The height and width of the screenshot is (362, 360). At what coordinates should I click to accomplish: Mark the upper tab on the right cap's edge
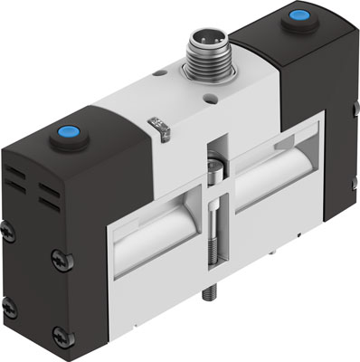point(349,108)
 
